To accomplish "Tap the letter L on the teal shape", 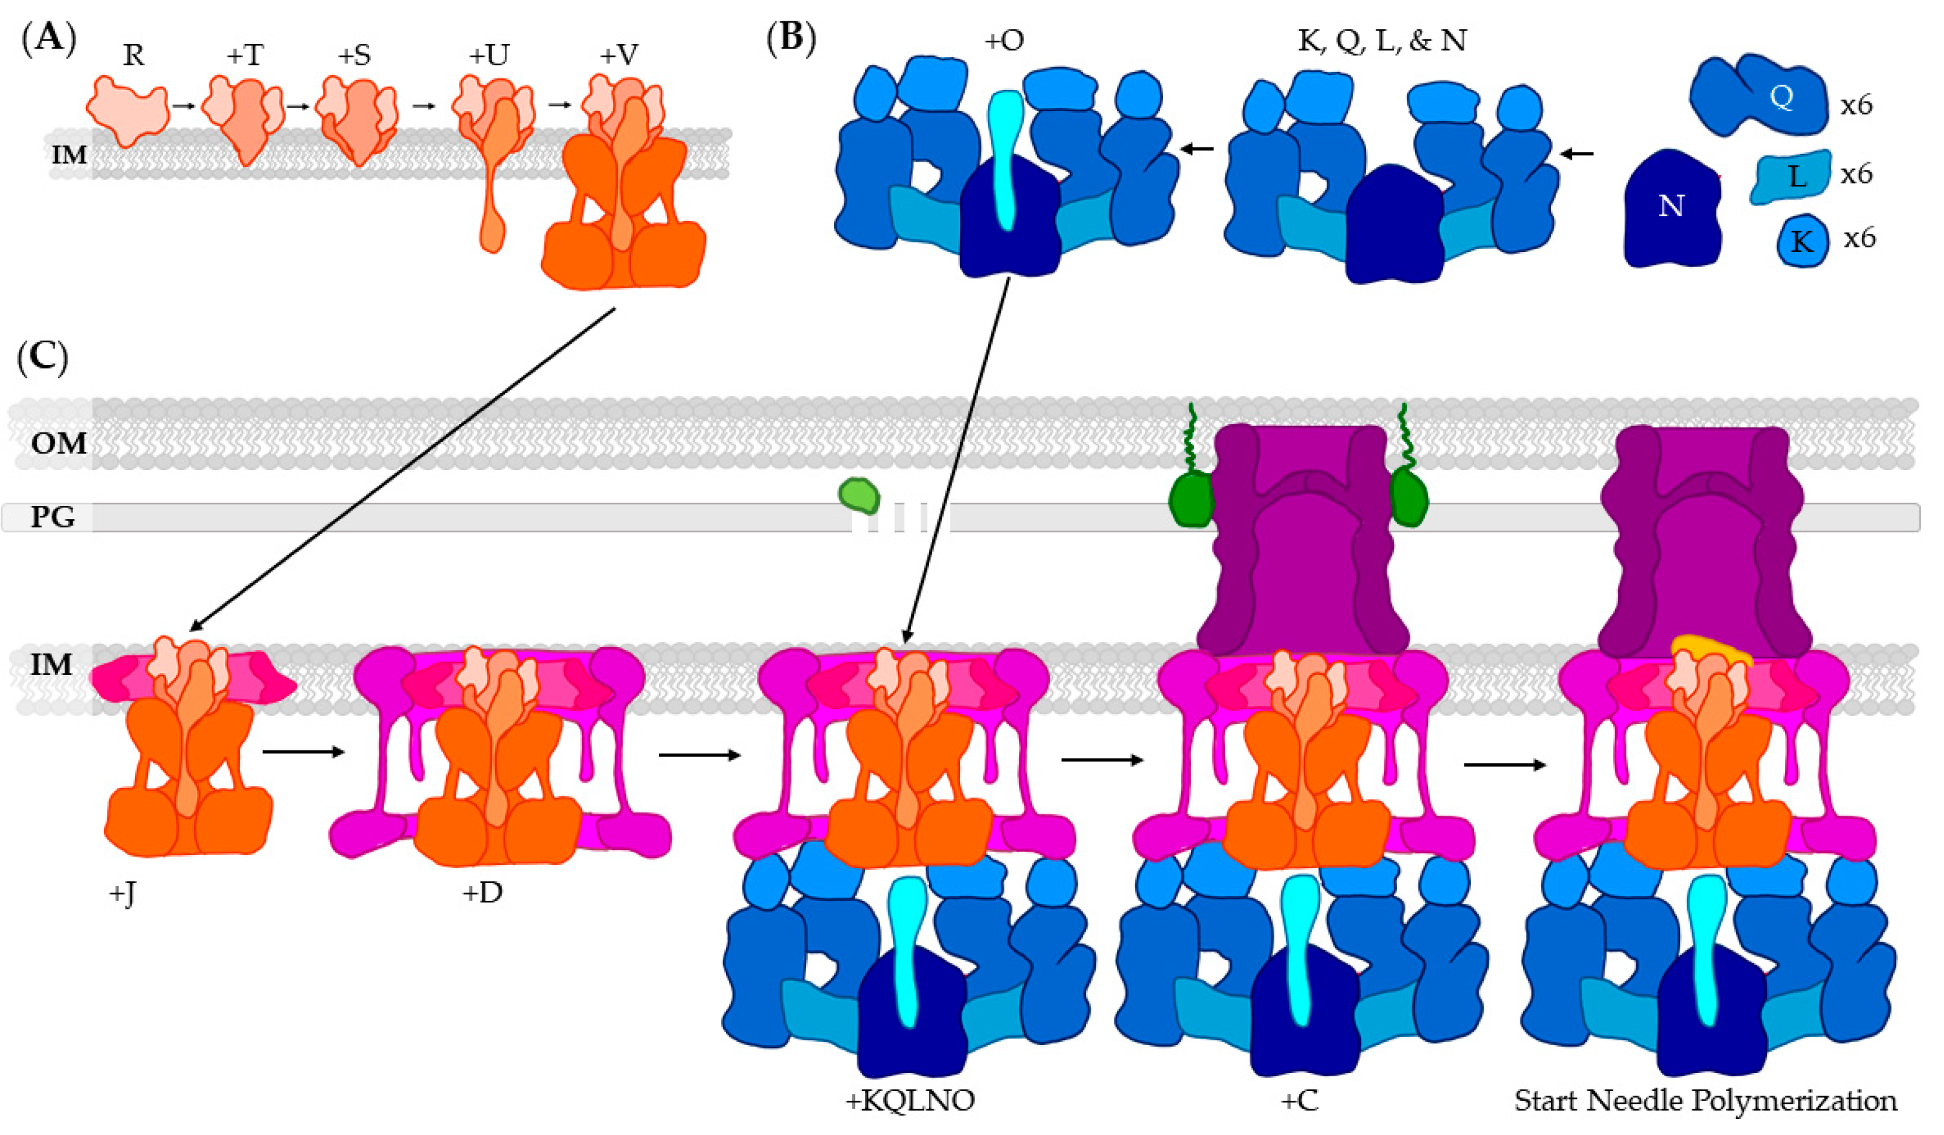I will pyautogui.click(x=1797, y=177).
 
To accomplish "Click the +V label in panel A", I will pyautogui.click(x=619, y=56).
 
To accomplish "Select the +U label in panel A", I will pyautogui.click(x=488, y=56).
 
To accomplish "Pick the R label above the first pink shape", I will pyautogui.click(x=133, y=56).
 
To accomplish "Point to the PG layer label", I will pyautogui.click(x=52, y=516).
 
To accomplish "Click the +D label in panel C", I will pyautogui.click(x=482, y=893).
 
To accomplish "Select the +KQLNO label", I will pyautogui.click(x=910, y=1100).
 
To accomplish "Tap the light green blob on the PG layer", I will pyautogui.click(x=859, y=495).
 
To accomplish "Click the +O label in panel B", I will pyautogui.click(x=1003, y=40).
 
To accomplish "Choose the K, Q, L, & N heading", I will pyautogui.click(x=1382, y=40).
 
